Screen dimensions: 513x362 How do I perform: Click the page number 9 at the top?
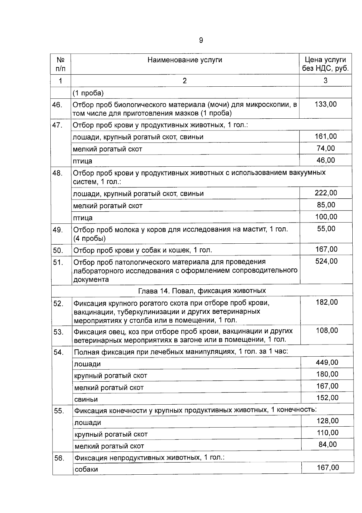[201, 40]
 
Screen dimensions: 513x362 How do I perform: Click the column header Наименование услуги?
[185, 60]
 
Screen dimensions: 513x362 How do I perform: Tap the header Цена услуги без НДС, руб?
[325, 64]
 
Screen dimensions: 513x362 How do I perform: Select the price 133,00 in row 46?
[325, 104]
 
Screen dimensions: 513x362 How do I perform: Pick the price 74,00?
[325, 148]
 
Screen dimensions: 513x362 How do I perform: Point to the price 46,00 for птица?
[325, 160]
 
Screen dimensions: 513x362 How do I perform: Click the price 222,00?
[326, 193]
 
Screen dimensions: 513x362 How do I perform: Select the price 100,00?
[326, 217]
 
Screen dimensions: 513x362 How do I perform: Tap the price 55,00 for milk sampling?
[326, 229]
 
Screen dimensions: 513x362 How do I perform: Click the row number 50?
[58, 251]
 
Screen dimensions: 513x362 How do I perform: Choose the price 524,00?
[326, 261]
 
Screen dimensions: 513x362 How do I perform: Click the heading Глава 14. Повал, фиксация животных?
[202, 291]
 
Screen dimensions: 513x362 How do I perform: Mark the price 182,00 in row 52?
[327, 302]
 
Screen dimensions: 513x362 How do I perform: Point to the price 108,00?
[327, 331]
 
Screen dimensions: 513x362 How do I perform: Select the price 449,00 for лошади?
[327, 362]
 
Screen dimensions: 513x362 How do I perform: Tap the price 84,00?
[328, 444]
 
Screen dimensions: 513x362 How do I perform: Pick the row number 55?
[59, 411]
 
